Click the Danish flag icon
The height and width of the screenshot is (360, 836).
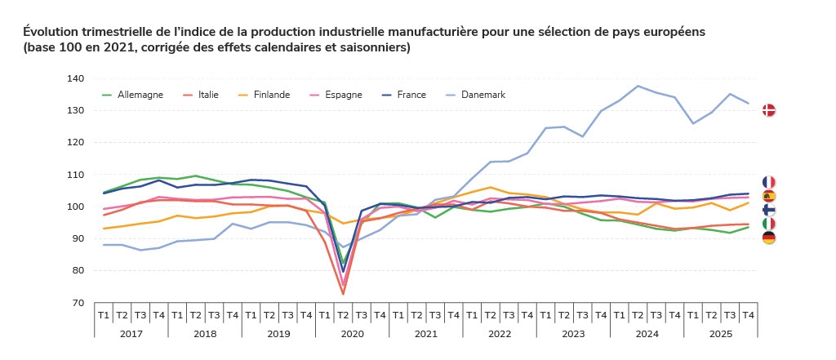click(x=768, y=110)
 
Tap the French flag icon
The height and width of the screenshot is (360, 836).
click(x=768, y=182)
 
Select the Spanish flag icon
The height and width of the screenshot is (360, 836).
click(x=768, y=196)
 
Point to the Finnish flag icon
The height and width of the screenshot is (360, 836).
click(x=768, y=210)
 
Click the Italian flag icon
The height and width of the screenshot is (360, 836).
click(x=768, y=224)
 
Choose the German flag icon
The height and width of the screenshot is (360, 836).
click(x=768, y=238)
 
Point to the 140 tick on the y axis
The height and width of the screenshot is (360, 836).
click(x=76, y=78)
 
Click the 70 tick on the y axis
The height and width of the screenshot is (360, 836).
click(x=78, y=303)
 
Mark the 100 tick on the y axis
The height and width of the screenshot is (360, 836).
click(x=76, y=207)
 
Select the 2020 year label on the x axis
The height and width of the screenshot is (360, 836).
click(x=353, y=333)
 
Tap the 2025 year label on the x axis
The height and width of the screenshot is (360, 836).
click(x=720, y=333)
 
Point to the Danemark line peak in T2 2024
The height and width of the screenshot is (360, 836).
click(x=638, y=86)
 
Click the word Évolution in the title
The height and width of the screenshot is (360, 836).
click(x=51, y=31)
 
